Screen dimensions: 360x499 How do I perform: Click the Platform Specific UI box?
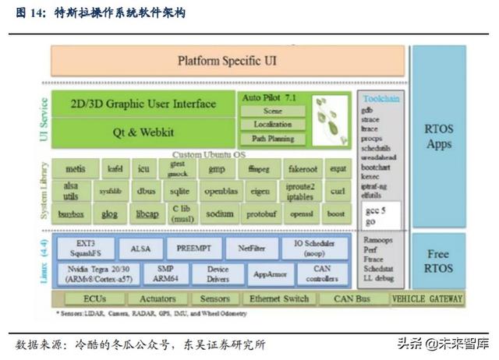(x=227, y=61)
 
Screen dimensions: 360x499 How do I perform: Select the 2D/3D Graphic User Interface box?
(x=144, y=104)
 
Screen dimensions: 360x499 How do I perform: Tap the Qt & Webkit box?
(x=144, y=132)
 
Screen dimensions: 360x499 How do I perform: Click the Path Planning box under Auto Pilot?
(x=273, y=139)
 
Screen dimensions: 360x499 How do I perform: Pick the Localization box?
(x=273, y=125)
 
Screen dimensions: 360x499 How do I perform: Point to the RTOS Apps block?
(x=438, y=137)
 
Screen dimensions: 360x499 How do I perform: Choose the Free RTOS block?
(x=438, y=260)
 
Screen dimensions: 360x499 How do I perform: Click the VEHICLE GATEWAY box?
(x=426, y=299)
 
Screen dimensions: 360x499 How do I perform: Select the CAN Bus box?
(x=352, y=299)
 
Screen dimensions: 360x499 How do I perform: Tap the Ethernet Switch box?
(x=278, y=299)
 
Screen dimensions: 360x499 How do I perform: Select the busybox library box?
(x=71, y=214)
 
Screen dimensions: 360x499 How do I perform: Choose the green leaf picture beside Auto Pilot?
(x=331, y=120)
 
